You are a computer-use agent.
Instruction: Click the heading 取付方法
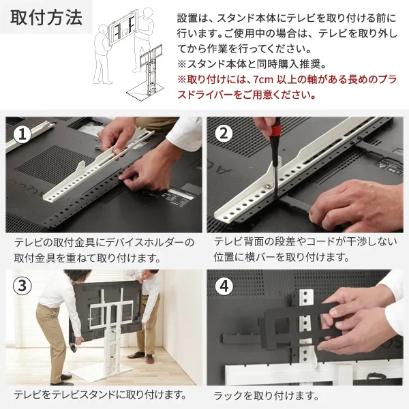coord(46,18)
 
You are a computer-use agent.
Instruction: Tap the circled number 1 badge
coord(25,135)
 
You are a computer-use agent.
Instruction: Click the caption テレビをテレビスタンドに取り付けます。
coord(100,395)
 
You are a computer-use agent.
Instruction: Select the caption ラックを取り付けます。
coord(266,395)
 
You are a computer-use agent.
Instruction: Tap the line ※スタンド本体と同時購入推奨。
coord(252,65)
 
